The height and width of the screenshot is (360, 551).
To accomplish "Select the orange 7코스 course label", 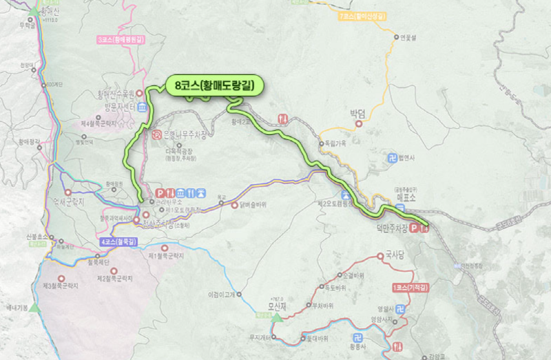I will pyautogui.click(x=362, y=14).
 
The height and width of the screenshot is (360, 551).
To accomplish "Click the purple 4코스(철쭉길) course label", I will pyautogui.click(x=118, y=242).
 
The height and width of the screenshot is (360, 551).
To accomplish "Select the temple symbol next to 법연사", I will pyautogui.click(x=392, y=157).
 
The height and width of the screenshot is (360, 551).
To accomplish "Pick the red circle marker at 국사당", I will pyautogui.click(x=381, y=256).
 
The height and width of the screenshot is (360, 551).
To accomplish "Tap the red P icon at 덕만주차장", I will pyautogui.click(x=415, y=229).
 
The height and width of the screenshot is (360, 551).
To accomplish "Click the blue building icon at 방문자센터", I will pyautogui.click(x=141, y=107).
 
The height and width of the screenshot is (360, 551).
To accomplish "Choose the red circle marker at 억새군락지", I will pyautogui.click(x=67, y=191).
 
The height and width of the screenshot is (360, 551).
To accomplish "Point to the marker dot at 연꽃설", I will pyautogui.click(x=396, y=37).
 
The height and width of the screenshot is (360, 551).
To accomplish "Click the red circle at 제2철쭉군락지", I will pyautogui.click(x=113, y=270).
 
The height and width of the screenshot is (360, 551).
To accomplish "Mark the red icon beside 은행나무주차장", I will pyautogui.click(x=156, y=134).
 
